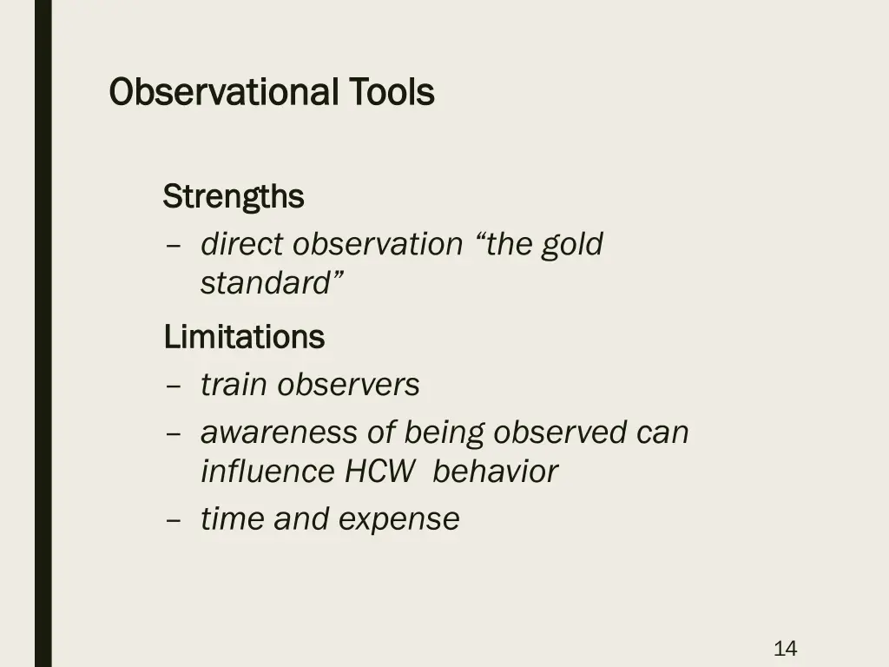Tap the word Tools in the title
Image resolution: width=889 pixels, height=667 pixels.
point(392,92)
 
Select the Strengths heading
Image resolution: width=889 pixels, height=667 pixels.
point(234,197)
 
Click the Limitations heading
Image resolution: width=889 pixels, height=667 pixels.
point(244,337)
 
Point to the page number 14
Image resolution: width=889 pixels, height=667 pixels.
point(785,648)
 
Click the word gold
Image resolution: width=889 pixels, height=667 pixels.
point(571,245)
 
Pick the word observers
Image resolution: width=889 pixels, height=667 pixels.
point(349,385)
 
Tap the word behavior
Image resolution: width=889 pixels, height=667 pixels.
point(495,472)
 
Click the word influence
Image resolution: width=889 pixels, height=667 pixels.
point(267,472)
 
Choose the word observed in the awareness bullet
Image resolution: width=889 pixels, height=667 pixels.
point(566,433)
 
